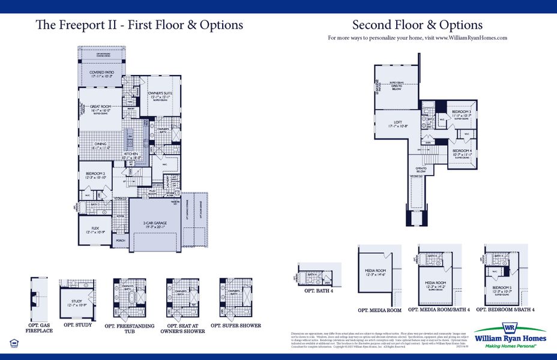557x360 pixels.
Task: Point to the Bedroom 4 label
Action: (461, 152)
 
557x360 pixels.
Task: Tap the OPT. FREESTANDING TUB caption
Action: (129, 328)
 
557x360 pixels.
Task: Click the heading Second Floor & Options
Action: (417, 25)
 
